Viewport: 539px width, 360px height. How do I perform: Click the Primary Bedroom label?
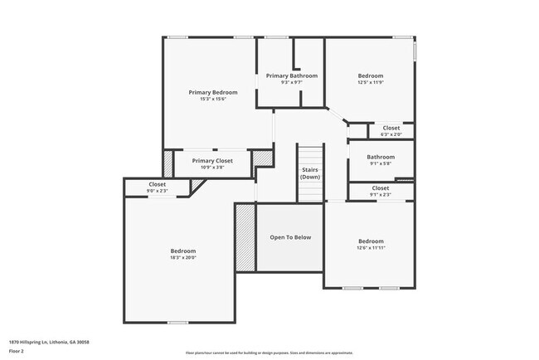pos(213,92)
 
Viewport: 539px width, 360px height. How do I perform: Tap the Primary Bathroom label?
pos(291,75)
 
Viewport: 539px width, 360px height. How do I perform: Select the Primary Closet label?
pos(212,160)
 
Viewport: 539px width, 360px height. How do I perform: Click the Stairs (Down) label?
pos(310,173)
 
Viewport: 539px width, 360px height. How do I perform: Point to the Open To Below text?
pos(290,237)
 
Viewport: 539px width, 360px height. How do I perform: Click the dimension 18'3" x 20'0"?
pos(183,257)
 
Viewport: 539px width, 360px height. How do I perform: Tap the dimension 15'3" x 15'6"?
pos(213,99)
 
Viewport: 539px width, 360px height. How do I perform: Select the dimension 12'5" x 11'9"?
pos(371,82)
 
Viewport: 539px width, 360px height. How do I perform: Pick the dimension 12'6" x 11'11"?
pos(371,247)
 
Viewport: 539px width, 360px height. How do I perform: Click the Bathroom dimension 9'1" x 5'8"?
pos(381,163)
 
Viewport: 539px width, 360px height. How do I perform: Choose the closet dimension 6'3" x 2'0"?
pos(391,134)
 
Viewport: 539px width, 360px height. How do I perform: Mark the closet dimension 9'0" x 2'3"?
pos(157,191)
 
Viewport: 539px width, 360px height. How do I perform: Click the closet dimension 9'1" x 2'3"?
pos(381,194)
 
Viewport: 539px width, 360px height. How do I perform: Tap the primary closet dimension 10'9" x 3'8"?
pos(212,167)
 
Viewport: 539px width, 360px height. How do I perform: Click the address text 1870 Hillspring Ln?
pos(49,341)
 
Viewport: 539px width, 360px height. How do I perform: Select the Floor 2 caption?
pos(17,351)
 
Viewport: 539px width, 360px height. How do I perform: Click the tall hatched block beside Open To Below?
pos(245,238)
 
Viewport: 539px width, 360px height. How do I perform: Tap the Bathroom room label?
pos(381,156)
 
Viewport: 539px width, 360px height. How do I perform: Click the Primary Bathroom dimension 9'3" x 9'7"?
pos(291,82)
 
